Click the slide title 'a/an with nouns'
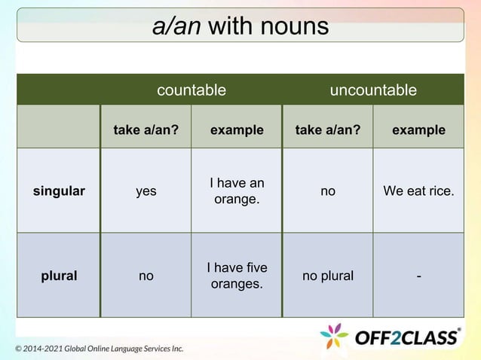240,26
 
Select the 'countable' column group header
191,90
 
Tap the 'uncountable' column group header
373,90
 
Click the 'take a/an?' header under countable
146,130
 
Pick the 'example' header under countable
237,130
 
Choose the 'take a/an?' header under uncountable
328,130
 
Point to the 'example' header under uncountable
418,130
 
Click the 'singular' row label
59,191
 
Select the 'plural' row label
59,276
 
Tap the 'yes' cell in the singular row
146,191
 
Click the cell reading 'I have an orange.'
237,191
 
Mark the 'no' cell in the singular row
328,191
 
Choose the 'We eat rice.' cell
418,191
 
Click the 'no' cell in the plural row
146,276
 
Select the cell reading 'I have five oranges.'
237,276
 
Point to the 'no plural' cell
328,276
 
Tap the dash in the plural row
418,276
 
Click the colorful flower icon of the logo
334,336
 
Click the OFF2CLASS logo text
407,337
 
